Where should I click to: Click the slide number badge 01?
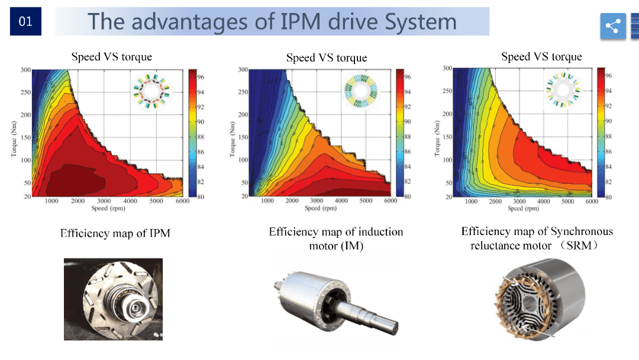[25, 21]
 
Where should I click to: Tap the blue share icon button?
[613, 26]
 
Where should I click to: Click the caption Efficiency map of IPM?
[115, 233]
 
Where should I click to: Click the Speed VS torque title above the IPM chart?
[112, 57]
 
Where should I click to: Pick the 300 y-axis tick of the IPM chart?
[25, 70]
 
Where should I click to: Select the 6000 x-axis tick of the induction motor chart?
[390, 201]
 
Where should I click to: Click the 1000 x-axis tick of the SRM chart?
[471, 201]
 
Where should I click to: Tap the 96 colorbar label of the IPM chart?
[201, 76]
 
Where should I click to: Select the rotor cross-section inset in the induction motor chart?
[361, 91]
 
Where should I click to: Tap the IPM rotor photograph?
[113, 298]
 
